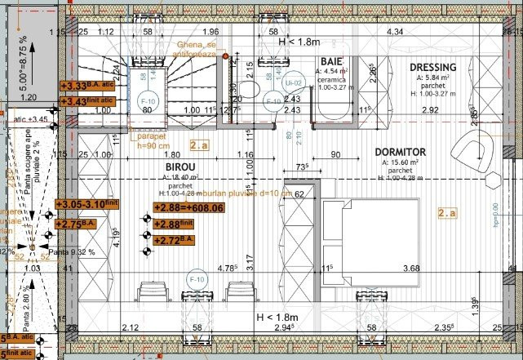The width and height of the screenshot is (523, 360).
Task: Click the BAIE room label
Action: point(331,62)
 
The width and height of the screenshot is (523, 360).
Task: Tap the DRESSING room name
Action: point(432,67)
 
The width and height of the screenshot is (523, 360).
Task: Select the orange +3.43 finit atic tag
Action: point(88,100)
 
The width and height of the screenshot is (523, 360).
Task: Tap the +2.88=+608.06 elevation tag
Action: point(188,207)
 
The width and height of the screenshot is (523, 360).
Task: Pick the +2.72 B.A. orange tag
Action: point(174,240)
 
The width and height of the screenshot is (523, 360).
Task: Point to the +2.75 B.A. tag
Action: point(77,223)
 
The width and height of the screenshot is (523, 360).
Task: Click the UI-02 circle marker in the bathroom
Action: point(294,83)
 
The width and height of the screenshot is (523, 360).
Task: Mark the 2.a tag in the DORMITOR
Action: point(447,214)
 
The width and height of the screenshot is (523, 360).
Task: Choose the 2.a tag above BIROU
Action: point(199,146)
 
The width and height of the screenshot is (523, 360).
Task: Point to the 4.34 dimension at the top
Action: point(395,32)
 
